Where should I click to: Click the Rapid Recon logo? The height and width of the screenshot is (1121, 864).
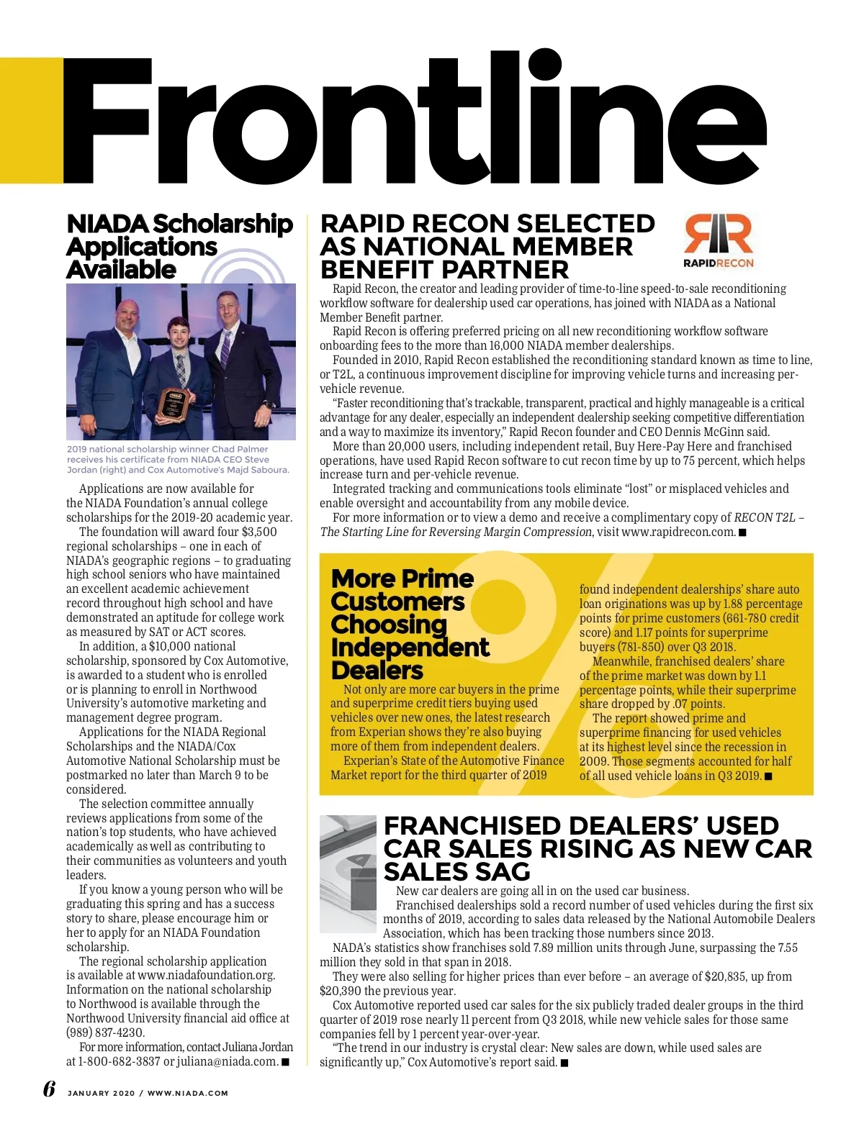(718, 240)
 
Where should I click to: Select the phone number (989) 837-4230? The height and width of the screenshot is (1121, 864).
(105, 1032)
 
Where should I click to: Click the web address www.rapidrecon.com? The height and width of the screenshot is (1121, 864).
(678, 532)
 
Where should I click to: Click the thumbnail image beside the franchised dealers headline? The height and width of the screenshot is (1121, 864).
(348, 862)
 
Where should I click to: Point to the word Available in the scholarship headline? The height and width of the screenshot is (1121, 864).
(121, 270)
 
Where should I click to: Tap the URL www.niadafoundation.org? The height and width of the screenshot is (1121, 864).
(206, 976)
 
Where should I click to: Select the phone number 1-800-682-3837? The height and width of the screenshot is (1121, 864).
(118, 1061)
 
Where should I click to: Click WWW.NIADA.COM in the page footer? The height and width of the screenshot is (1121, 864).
(188, 1093)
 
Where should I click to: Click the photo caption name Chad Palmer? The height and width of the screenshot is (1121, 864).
(243, 449)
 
